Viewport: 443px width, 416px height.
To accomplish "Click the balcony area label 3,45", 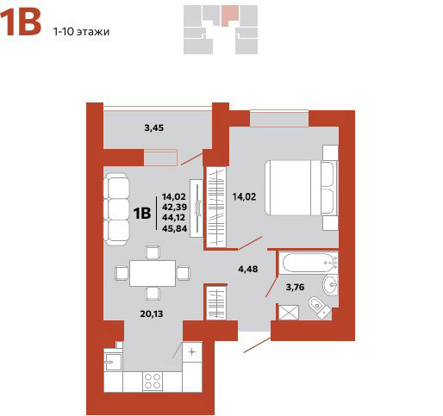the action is click(153, 127).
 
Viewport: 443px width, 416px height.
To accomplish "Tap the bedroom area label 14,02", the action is click(244, 197).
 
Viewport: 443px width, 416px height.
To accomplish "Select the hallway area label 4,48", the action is click(248, 269).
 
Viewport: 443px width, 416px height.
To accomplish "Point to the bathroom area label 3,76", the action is click(295, 287).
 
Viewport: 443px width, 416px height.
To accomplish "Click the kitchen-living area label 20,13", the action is click(152, 314).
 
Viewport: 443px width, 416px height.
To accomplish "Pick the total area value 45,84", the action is click(175, 228).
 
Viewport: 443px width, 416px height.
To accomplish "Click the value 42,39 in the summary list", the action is click(175, 207).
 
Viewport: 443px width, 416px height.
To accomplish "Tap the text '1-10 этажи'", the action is click(81, 31).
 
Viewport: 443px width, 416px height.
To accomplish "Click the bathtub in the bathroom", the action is click(309, 263).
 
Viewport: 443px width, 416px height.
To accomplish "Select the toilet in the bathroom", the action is click(319, 307).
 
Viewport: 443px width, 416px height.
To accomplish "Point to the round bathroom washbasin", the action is click(330, 284).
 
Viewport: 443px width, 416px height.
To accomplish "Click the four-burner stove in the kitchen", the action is click(153, 381).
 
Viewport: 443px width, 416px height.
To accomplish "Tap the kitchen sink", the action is click(113, 362).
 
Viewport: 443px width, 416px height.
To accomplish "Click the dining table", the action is click(153, 273).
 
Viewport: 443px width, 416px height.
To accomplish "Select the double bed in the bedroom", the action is click(301, 188).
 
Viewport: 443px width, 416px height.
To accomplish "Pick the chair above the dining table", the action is click(153, 252).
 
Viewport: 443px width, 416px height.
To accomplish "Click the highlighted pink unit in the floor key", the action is click(229, 16).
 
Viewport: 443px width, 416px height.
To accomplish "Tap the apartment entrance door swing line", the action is click(257, 345).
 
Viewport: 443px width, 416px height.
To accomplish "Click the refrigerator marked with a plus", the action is click(192, 352).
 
